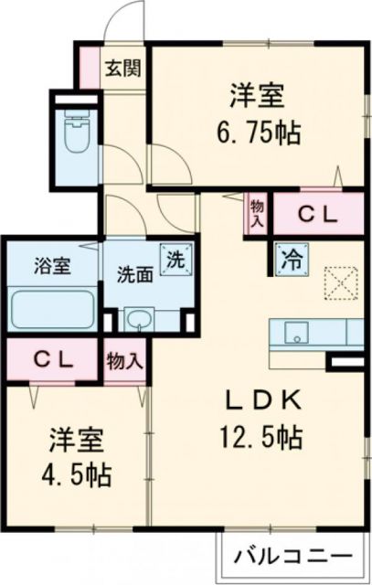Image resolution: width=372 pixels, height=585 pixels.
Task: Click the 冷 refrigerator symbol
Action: [x=290, y=257]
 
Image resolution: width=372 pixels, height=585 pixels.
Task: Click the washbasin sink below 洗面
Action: [x=140, y=320]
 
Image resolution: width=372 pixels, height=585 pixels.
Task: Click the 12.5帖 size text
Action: [x=260, y=438]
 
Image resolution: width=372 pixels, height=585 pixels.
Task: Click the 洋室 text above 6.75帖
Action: [x=260, y=94]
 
